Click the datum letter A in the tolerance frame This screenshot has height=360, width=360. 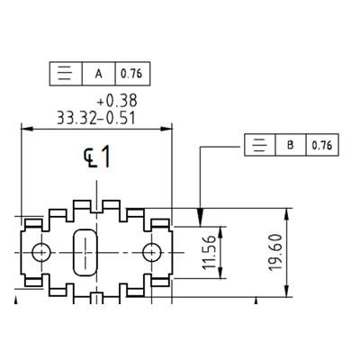pyautogui.click(x=98, y=74)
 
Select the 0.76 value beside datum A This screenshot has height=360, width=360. pyautogui.click(x=131, y=74)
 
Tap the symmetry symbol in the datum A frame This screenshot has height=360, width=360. pyautogui.click(x=66, y=74)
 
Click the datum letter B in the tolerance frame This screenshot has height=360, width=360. pyautogui.click(x=290, y=145)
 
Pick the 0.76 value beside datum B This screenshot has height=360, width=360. pyautogui.click(x=322, y=145)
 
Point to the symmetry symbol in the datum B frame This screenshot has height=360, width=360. pyautogui.click(x=260, y=145)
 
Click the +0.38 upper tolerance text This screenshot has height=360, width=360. pyautogui.click(x=117, y=101)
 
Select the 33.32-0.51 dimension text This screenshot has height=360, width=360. pyautogui.click(x=96, y=118)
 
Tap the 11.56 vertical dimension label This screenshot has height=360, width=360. pyautogui.click(x=209, y=252)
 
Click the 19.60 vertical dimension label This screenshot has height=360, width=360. pyautogui.click(x=275, y=253)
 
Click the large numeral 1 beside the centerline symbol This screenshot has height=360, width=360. pyautogui.click(x=105, y=157)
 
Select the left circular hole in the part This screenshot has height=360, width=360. pyautogui.click(x=41, y=252)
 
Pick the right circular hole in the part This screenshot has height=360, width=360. pyautogui.click(x=152, y=252)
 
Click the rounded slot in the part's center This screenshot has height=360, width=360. pyautogui.click(x=85, y=252)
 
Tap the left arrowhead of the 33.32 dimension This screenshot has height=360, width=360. pyautogui.click(x=26, y=129)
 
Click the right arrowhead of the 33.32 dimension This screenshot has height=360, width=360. pyautogui.click(x=166, y=129)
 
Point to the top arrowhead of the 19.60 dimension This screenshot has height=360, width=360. pyautogui.click(x=287, y=214)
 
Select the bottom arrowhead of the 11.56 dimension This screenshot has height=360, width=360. pyautogui.click(x=220, y=273)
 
